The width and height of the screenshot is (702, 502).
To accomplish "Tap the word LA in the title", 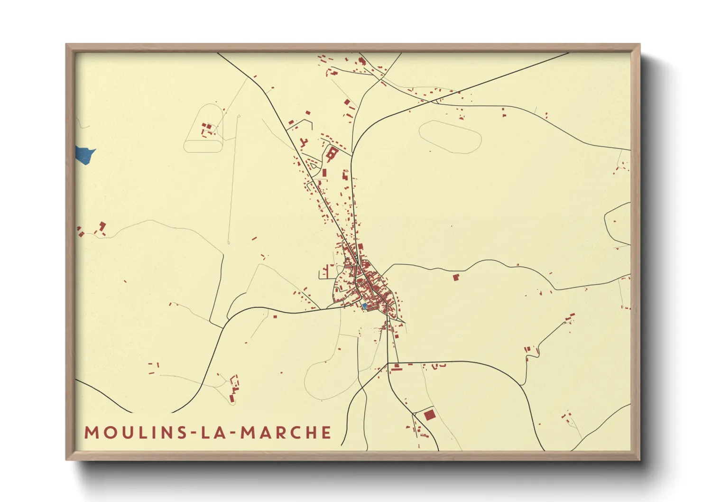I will click(211, 433).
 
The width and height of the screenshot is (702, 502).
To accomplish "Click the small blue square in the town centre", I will click(364, 306).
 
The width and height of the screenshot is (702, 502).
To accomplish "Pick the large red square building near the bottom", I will click(429, 415).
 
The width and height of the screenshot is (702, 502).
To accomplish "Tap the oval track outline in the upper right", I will click(450, 137).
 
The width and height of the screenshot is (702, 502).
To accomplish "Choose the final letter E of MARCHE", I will click(326, 433).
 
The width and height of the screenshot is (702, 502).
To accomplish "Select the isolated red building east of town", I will click(456, 277).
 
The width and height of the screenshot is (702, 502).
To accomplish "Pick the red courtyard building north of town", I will click(332, 153).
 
